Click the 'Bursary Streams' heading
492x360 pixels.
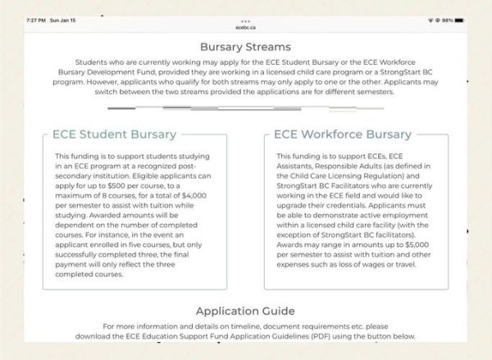245,47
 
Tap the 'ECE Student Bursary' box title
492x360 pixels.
114,134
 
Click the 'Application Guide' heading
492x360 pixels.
245,311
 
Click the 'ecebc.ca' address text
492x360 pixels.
245,25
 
